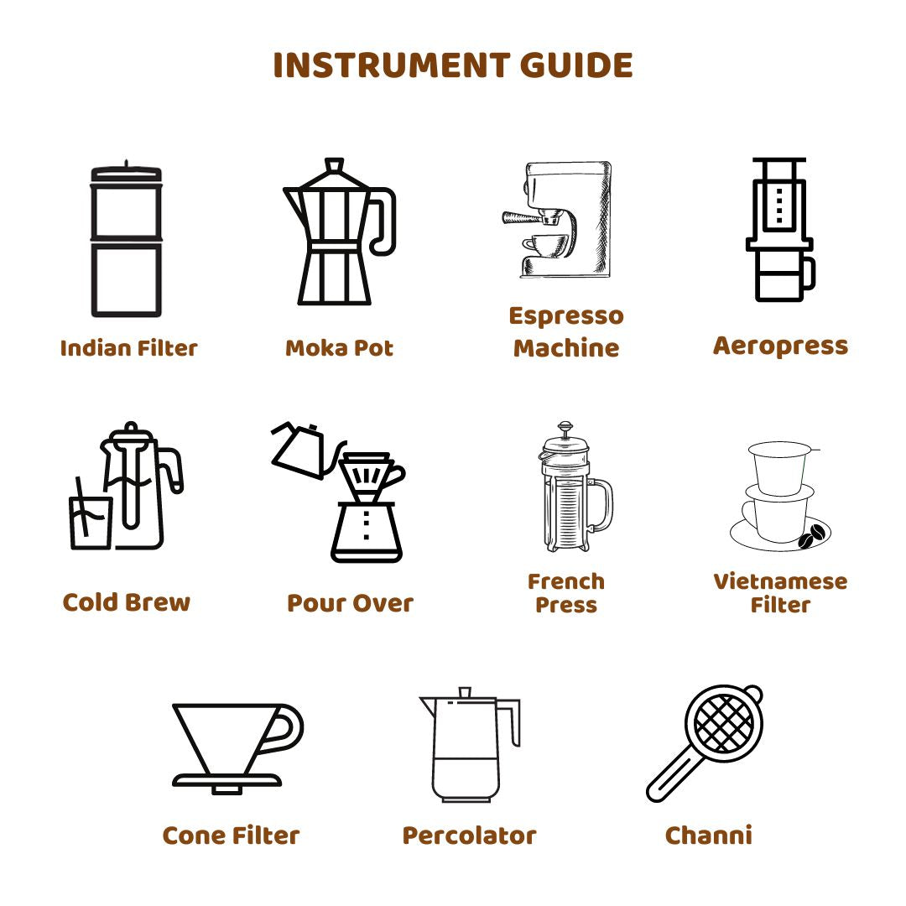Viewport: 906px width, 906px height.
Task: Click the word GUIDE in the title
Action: pos(576,65)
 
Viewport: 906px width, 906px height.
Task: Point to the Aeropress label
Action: pos(781,346)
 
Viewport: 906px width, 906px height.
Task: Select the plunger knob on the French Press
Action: pos(565,427)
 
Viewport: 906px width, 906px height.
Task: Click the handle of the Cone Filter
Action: pos(284,728)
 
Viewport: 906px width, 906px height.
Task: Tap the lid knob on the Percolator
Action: pos(465,692)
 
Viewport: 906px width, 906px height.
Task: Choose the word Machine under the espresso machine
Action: pos(566,348)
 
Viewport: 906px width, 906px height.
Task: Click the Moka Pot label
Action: pos(339,348)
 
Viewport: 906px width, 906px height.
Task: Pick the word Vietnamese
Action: pos(781,581)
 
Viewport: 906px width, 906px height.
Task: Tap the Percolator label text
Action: pos(469,836)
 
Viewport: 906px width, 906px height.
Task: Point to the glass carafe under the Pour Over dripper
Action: pos(367,532)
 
